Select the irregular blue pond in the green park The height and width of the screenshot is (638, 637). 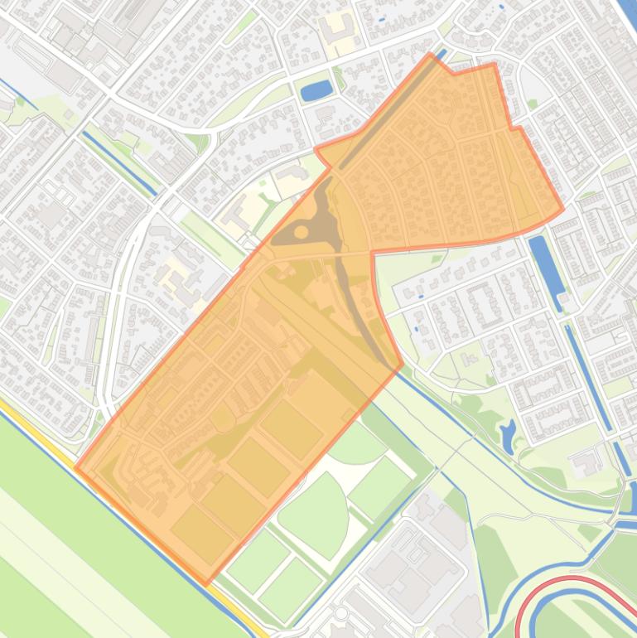[x=508, y=432]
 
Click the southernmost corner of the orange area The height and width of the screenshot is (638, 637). [x=206, y=583]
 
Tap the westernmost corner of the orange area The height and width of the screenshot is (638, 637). [x=75, y=466]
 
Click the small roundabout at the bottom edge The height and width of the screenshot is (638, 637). [x=340, y=613]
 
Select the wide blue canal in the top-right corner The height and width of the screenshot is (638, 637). [x=625, y=17]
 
